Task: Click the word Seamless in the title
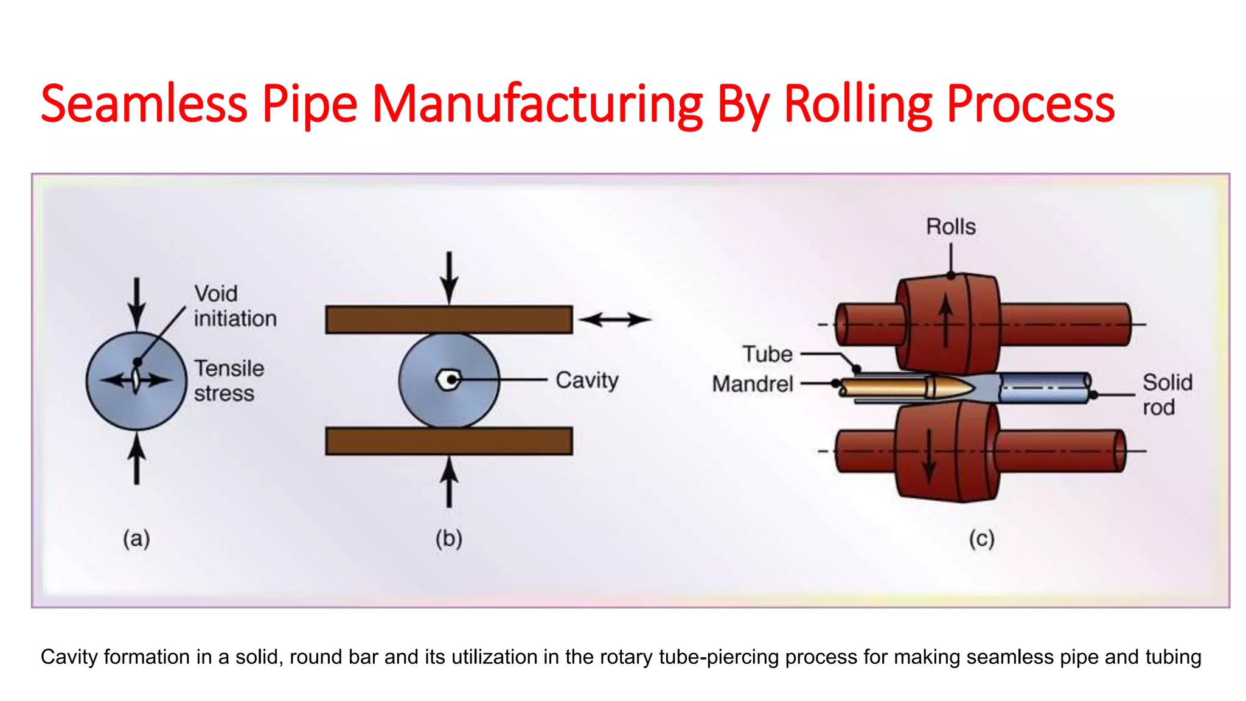tap(144, 104)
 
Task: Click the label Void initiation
tap(235, 306)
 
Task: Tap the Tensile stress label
tap(229, 381)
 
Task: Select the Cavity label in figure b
tap(586, 380)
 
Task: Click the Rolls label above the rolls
tap(950, 227)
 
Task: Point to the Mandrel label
tap(753, 384)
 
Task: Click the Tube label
tap(767, 354)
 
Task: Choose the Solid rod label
tap(1166, 395)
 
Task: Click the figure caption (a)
tap(136, 539)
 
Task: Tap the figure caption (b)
tap(449, 539)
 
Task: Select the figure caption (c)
tap(981, 539)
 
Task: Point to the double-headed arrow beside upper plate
tap(614, 319)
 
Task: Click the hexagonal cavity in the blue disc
tap(448, 380)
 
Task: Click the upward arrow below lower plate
tap(449, 482)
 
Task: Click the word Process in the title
tap(1030, 104)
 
